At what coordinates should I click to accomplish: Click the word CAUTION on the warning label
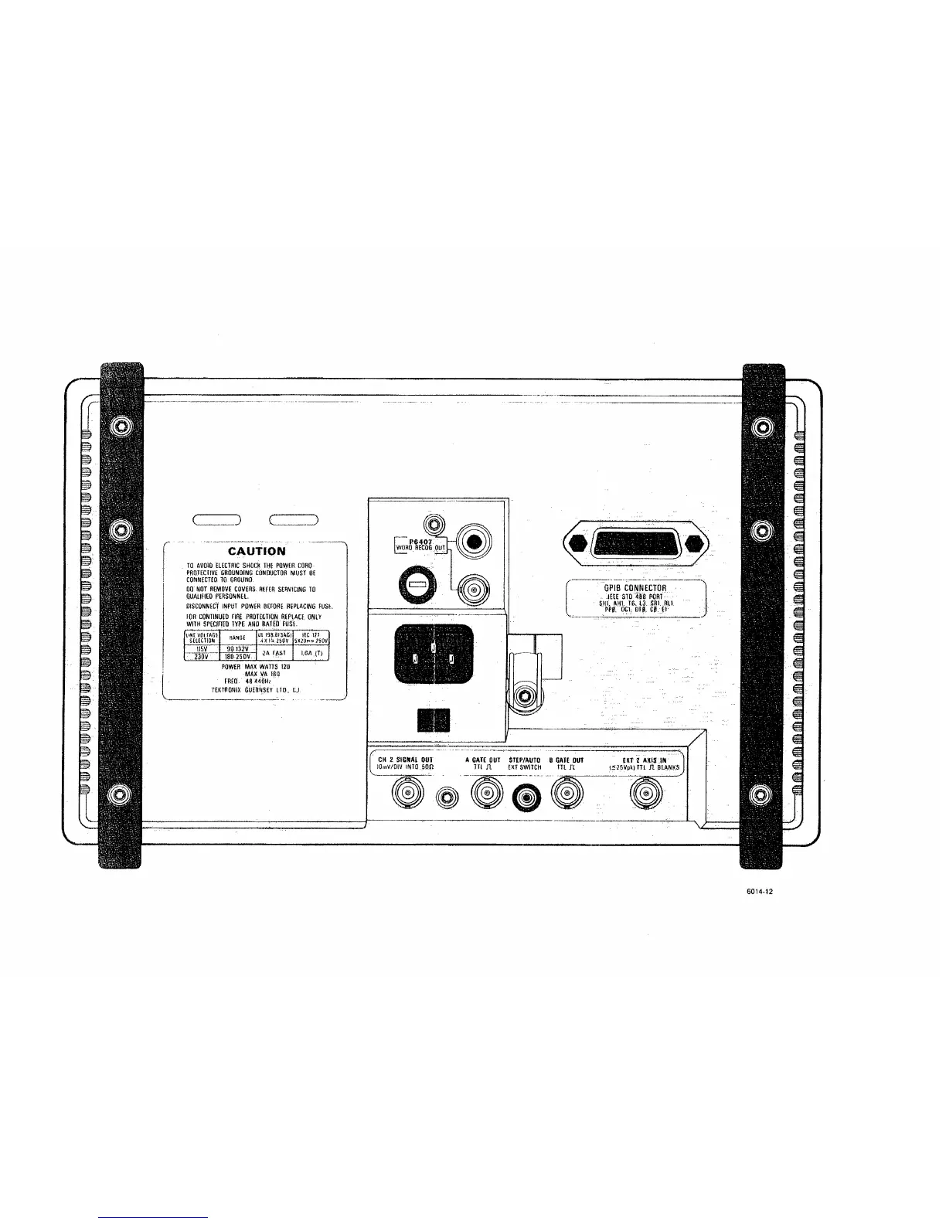pos(256,551)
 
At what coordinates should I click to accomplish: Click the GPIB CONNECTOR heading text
pos(635,588)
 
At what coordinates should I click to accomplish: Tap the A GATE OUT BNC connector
pos(486,793)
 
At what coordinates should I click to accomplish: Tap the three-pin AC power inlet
pos(434,654)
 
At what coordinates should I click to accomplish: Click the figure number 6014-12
pos(758,890)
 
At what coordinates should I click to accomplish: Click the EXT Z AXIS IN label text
pos(644,760)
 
